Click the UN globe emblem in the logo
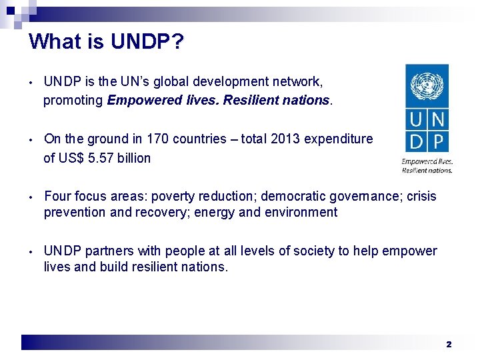[x=427, y=87]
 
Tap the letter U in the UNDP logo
[x=416, y=121]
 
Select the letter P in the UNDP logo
[x=439, y=141]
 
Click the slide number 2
[x=449, y=344]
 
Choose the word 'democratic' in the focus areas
[x=292, y=197]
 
